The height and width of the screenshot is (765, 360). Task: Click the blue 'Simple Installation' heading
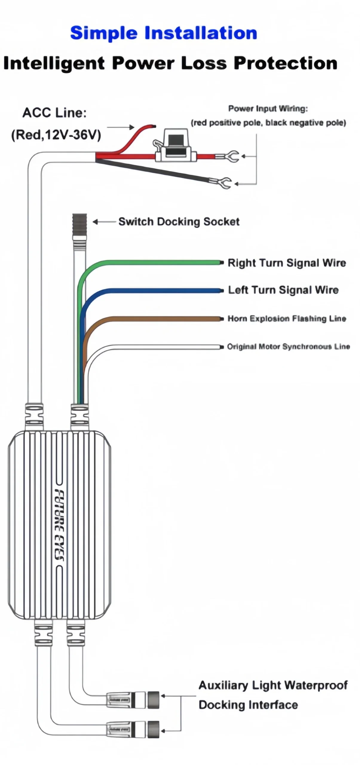(x=163, y=33)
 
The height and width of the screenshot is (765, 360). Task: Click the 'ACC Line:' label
(x=54, y=113)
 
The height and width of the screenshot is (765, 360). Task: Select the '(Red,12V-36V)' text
(x=56, y=135)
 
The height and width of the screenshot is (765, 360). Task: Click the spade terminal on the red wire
(x=227, y=156)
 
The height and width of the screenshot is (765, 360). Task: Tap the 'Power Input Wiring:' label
(x=268, y=108)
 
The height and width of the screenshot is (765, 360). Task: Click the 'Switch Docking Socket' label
(x=179, y=222)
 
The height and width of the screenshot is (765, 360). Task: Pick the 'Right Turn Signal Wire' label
(x=287, y=263)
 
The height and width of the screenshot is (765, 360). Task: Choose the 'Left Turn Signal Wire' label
(x=283, y=290)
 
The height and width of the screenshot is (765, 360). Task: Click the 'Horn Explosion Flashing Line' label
(x=287, y=319)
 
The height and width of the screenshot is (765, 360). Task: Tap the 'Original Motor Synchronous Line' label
(x=288, y=347)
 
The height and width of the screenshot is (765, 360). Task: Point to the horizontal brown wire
(x=167, y=319)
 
